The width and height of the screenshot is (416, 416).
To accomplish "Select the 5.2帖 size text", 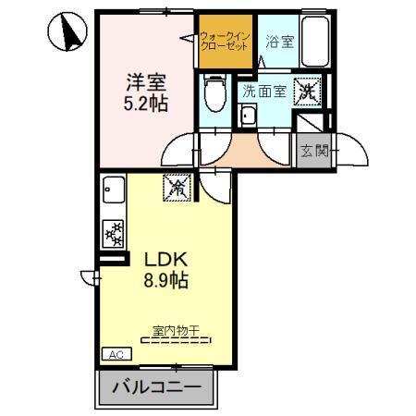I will point(147,103).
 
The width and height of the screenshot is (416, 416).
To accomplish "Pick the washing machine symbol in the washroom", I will point(307,91).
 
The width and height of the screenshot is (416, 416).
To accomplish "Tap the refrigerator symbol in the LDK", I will point(176,187).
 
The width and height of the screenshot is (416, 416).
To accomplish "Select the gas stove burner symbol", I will point(112,234).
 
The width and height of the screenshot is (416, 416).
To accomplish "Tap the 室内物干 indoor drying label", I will point(176,328).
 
